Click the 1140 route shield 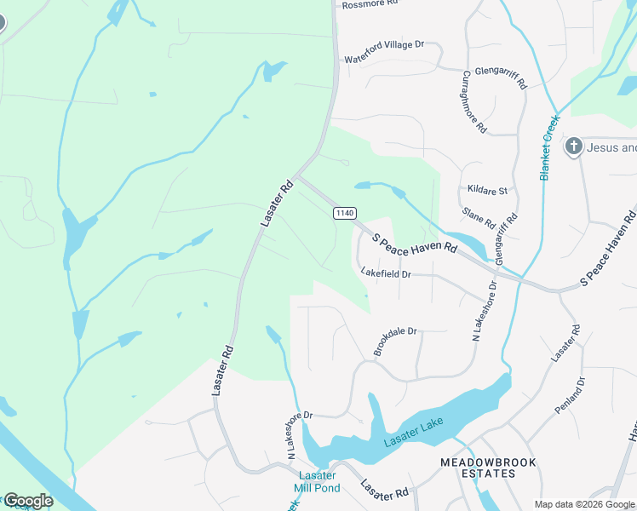pos(344,212)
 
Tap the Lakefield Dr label pos(386,274)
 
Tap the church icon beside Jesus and pos(574,146)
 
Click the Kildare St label pos(487,190)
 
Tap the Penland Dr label pos(571,395)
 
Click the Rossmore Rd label pos(370,4)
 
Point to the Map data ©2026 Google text pos(585,504)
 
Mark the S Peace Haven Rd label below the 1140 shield pos(416,241)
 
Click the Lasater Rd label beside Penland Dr pos(565,342)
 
